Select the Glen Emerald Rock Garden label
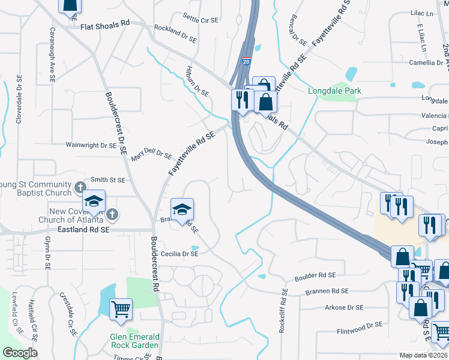[134, 341]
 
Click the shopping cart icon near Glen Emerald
[121, 310]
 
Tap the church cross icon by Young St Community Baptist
[79, 188]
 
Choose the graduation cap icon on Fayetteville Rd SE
[182, 209]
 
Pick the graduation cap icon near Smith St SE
[94, 202]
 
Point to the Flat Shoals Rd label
[106, 23]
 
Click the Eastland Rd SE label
[83, 230]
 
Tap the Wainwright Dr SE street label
[91, 145]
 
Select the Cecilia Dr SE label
[178, 254]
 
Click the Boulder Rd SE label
[315, 277]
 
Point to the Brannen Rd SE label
[327, 292]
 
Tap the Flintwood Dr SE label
[360, 325]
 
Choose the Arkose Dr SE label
[344, 308]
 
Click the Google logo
[20, 353]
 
